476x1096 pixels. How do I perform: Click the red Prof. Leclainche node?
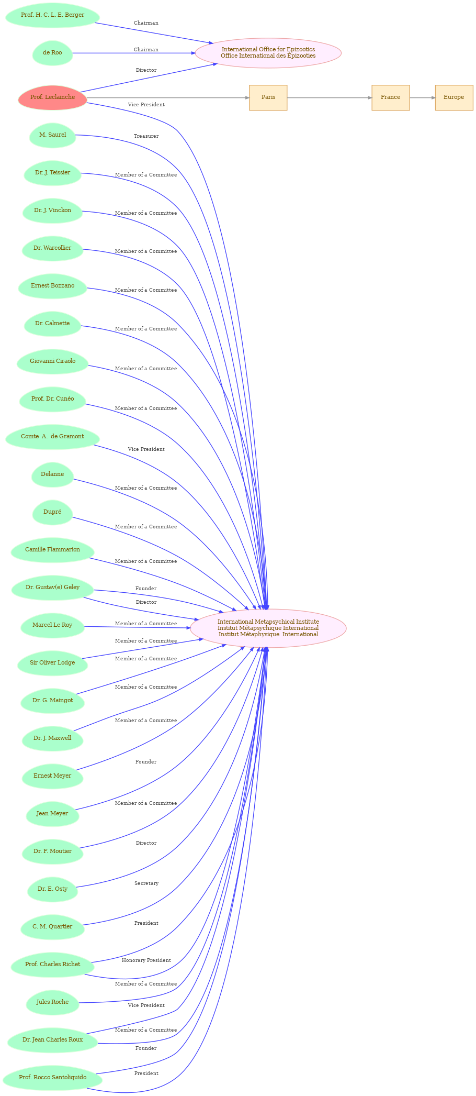52,97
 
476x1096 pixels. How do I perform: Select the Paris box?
268,97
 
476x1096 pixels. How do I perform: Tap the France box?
390,97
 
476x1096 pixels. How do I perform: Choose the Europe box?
454,97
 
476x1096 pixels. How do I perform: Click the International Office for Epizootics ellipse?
268,53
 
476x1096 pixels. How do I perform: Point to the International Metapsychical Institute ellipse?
268,628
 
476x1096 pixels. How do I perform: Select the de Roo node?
52,53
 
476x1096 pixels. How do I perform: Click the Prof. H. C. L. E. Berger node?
52,15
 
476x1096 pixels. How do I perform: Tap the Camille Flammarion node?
52,550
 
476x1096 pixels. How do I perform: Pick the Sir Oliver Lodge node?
52,663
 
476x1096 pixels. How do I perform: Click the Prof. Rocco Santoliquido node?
52,1078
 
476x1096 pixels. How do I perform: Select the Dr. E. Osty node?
52,889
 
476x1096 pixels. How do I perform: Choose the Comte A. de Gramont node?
52,437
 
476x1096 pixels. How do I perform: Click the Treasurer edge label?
146,136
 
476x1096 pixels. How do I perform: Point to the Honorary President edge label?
146,960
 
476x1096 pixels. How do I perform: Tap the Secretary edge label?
146,883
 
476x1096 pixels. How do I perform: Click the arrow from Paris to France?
329,98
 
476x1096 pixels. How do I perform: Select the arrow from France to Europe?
422,98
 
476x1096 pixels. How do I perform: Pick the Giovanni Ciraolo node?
52,361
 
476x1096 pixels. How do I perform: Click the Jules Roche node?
52,1002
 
